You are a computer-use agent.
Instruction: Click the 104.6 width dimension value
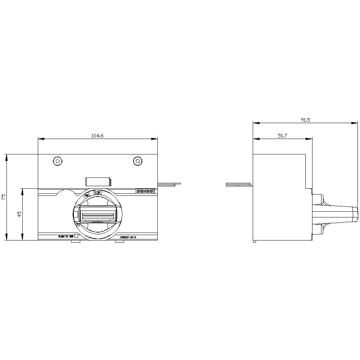[97, 136]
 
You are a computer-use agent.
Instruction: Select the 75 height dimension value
[4, 197]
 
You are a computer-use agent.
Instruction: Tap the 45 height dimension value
[20, 214]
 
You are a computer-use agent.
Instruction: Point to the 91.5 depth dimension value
[305, 120]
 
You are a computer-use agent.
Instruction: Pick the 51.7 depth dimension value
[282, 136]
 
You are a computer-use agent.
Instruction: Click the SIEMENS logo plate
[145, 192]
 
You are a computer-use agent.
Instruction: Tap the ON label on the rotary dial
[98, 193]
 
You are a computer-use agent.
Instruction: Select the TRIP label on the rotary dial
[87, 195]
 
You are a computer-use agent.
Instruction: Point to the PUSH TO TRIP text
[66, 237]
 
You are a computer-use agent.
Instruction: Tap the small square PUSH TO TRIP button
[76, 237]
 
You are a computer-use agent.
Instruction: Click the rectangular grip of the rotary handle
[98, 216]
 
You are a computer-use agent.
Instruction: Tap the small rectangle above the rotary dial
[98, 182]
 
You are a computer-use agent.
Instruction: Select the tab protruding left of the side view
[239, 185]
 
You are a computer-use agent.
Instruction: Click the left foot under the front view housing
[75, 242]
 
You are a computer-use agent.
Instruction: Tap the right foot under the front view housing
[120, 242]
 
